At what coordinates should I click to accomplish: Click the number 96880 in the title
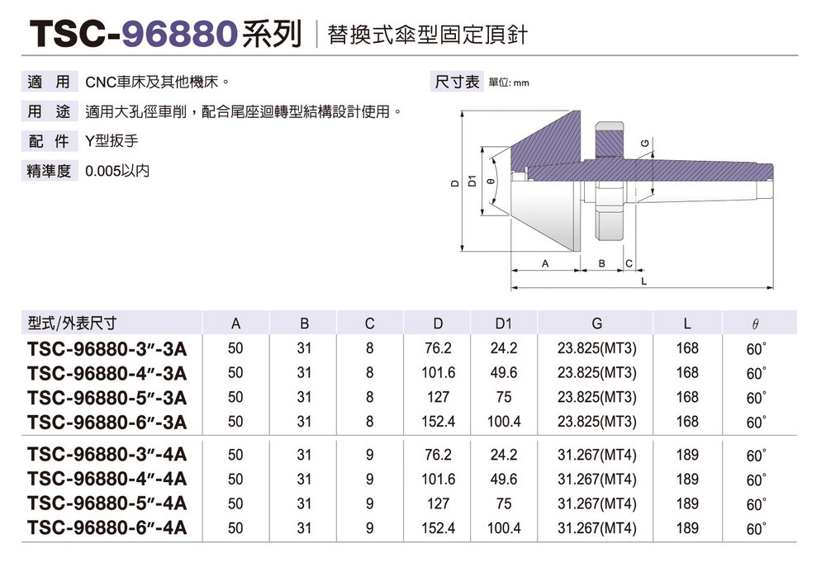click(178, 34)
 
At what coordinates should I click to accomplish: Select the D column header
click(438, 324)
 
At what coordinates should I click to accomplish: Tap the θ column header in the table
click(755, 324)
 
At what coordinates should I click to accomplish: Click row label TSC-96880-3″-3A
click(107, 349)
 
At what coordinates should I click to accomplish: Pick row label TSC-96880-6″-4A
click(107, 527)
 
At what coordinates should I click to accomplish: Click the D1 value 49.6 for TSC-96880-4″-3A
click(504, 373)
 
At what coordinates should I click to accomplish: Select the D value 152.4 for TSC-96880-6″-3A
click(439, 422)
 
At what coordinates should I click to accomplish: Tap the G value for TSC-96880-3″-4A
click(597, 455)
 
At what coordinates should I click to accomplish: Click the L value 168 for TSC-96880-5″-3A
click(687, 397)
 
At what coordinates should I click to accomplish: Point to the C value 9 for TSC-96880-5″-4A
click(370, 503)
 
